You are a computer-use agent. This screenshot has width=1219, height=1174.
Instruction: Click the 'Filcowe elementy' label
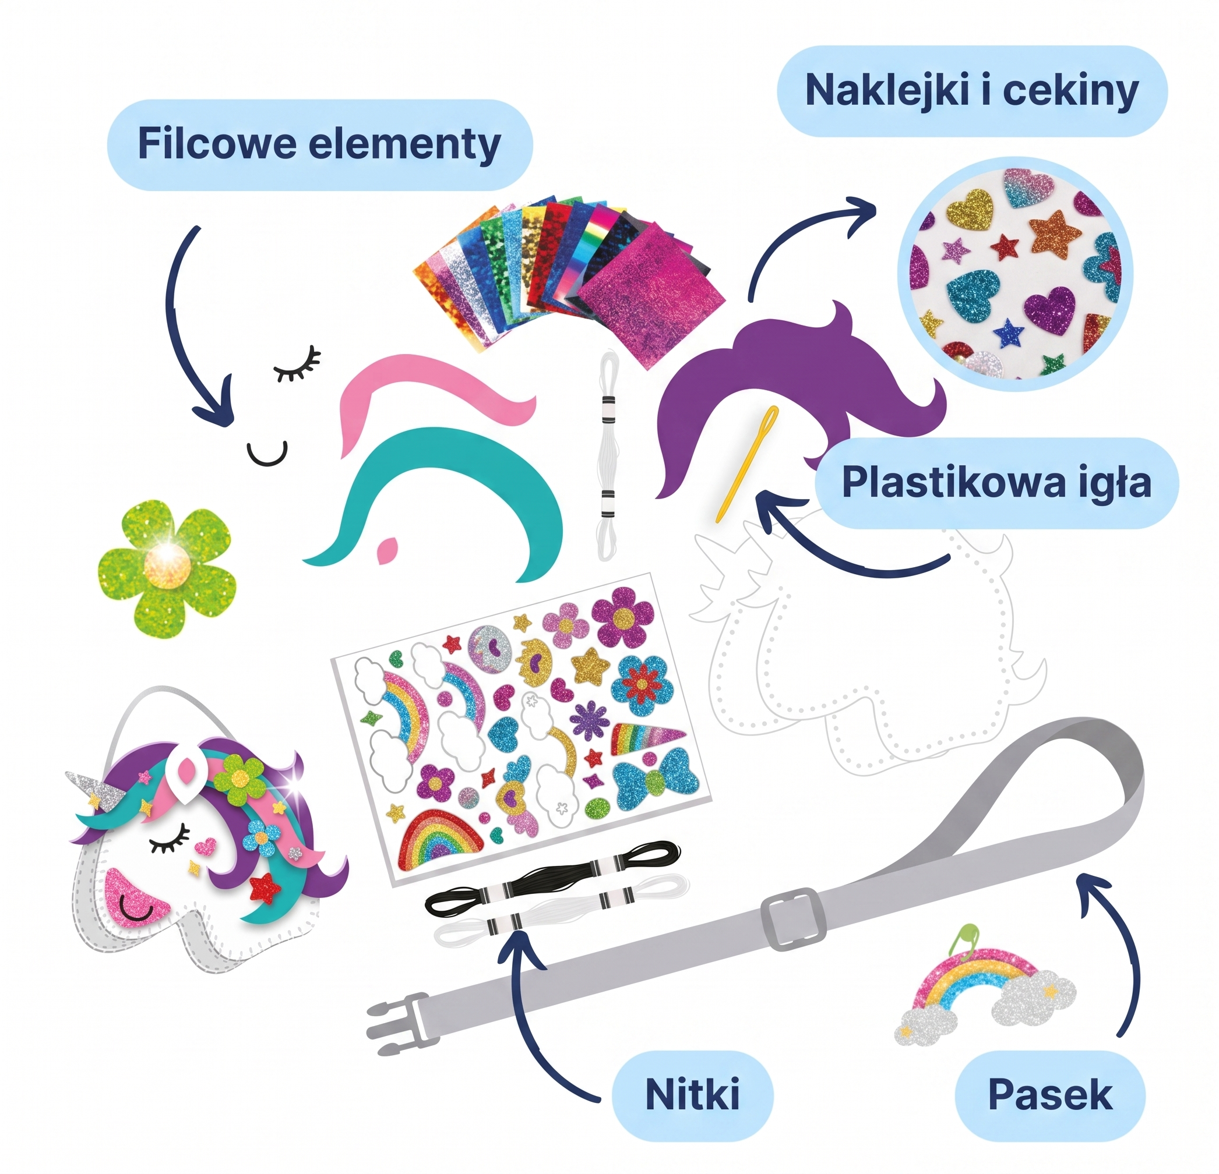click(320, 144)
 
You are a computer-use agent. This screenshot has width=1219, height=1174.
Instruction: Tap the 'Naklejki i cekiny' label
click(972, 91)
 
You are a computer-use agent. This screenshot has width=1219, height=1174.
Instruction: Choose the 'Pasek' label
click(1050, 1094)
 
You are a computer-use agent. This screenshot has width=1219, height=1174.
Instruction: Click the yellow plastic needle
click(746, 462)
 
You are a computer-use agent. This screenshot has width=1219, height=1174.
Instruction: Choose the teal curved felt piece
click(454, 497)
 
